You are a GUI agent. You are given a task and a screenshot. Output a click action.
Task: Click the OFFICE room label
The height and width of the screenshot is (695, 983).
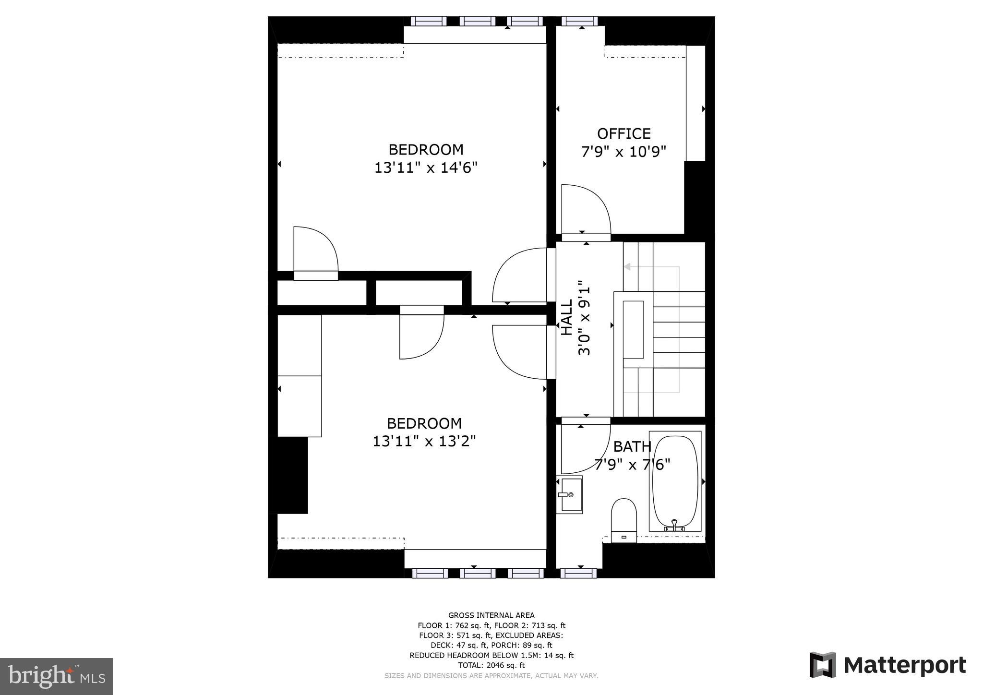623,133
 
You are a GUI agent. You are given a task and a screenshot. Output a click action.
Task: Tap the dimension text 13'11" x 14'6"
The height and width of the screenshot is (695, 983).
426,168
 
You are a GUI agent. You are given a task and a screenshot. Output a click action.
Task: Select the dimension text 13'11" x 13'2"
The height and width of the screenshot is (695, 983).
424,441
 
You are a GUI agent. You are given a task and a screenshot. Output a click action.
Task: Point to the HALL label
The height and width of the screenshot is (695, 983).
567,318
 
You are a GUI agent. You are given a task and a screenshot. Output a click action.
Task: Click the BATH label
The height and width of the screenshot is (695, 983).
632,447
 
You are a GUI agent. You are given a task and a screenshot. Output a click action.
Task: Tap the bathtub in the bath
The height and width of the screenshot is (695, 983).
675,481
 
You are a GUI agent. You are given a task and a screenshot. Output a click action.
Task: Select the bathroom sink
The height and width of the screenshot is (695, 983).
569,494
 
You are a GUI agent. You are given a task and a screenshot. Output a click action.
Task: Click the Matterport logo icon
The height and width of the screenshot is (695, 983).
823,665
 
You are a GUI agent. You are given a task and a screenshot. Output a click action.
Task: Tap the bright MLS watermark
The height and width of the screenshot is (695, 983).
57,676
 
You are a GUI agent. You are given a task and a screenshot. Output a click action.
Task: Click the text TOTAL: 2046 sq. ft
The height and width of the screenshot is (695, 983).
491,665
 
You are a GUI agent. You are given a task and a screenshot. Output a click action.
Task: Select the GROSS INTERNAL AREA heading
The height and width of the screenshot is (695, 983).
491,615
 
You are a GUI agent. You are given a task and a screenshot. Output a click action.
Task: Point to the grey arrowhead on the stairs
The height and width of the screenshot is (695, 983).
627,267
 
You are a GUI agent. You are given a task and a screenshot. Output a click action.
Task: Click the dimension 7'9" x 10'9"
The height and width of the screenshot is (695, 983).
623,152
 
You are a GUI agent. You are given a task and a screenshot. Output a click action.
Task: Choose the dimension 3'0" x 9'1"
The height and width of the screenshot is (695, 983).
584,318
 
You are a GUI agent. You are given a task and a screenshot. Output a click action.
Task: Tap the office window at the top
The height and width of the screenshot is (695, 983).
579,21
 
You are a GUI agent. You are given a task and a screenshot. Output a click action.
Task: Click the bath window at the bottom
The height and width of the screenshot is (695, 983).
578,573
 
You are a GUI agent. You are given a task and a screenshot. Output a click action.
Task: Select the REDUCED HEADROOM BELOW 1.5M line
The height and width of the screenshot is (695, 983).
491,655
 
